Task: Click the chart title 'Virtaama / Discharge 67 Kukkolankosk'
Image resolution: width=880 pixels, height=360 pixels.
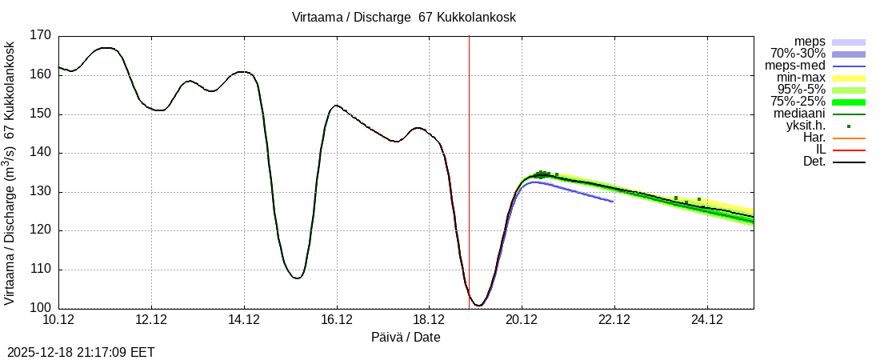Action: [x=404, y=17]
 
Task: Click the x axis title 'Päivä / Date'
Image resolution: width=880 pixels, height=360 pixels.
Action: [x=406, y=337]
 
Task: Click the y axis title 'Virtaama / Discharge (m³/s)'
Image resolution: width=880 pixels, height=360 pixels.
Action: [x=10, y=171]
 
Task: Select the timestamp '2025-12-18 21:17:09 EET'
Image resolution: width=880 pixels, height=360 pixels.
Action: [x=81, y=352]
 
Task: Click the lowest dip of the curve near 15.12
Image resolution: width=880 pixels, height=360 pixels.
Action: [x=297, y=278]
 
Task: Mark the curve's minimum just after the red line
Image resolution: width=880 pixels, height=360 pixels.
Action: [x=478, y=306]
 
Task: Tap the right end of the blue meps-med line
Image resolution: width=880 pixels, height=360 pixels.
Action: [x=613, y=202]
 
